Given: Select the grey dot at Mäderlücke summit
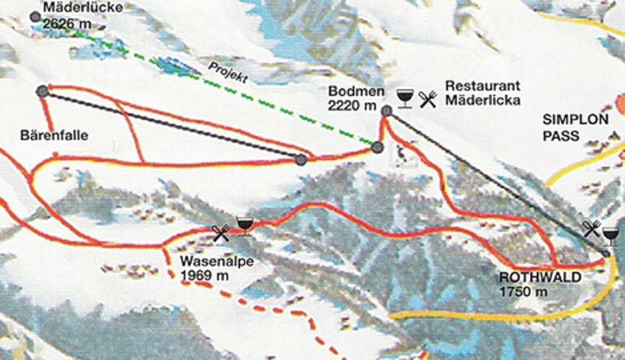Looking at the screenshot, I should pos(36,16).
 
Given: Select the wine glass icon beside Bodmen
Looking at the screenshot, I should pos(406,98).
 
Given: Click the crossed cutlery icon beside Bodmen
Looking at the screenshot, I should pos(429,99).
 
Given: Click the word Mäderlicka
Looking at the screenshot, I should pos(483,100).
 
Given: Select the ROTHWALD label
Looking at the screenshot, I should pos(532,278).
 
